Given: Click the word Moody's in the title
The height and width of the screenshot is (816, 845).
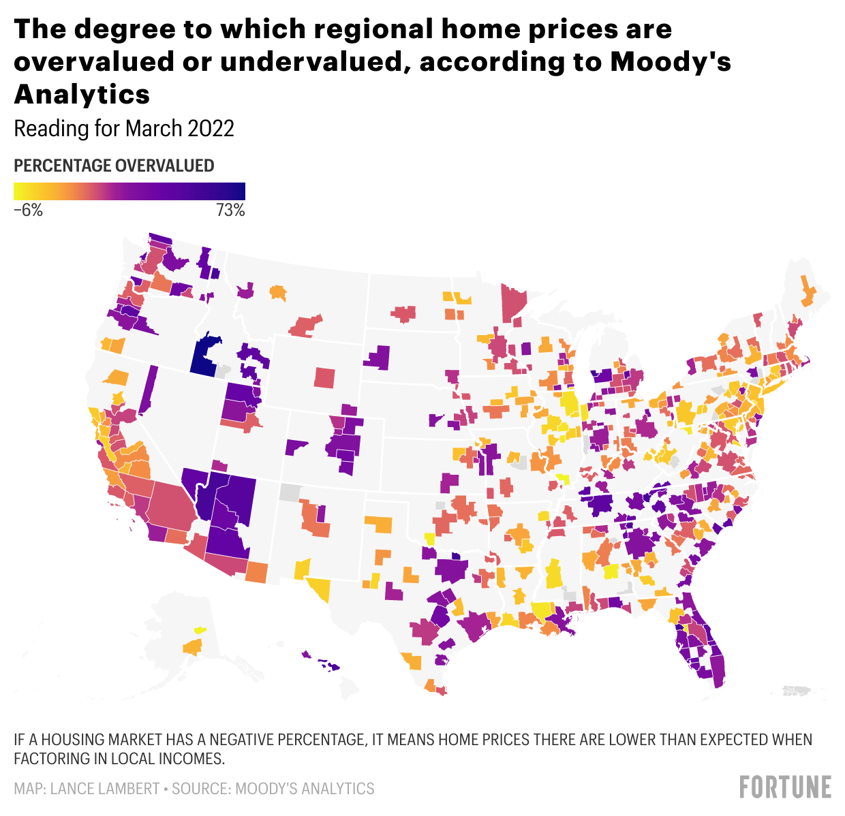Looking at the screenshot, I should pyautogui.click(x=671, y=61).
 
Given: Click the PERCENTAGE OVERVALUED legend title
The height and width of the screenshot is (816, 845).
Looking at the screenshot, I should pyautogui.click(x=114, y=166).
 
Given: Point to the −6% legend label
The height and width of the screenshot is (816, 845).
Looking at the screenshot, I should pyautogui.click(x=28, y=210).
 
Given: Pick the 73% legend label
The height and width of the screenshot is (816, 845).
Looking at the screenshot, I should pyautogui.click(x=230, y=210).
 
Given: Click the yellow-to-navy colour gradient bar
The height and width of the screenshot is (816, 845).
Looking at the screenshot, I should pyautogui.click(x=129, y=191).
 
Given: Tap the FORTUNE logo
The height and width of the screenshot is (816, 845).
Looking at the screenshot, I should pyautogui.click(x=785, y=787).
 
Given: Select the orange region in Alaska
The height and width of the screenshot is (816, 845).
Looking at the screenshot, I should pyautogui.click(x=193, y=646).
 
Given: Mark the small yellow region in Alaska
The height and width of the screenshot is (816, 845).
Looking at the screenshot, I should pyautogui.click(x=200, y=631).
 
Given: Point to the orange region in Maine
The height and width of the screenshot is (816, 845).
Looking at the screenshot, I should pyautogui.click(x=808, y=293).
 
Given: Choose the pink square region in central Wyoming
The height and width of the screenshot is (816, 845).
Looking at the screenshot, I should pyautogui.click(x=325, y=377).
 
